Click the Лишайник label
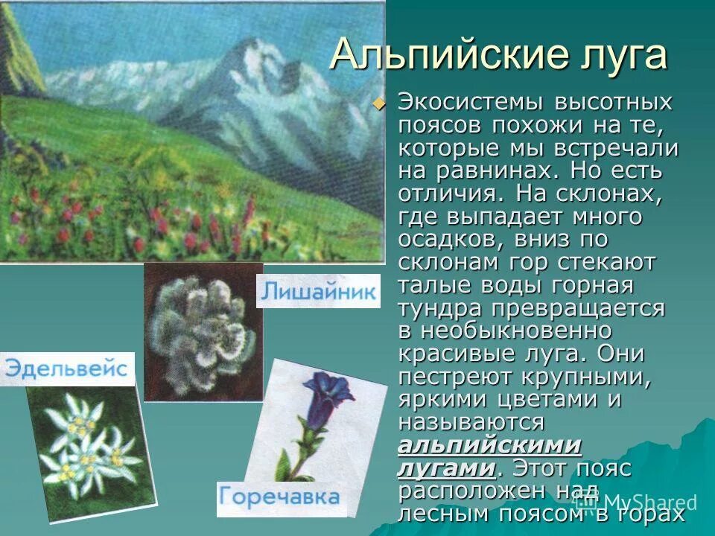point(318,291)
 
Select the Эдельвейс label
point(66,369)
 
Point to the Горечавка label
point(281,497)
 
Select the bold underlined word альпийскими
point(489,445)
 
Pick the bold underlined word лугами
point(445,468)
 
